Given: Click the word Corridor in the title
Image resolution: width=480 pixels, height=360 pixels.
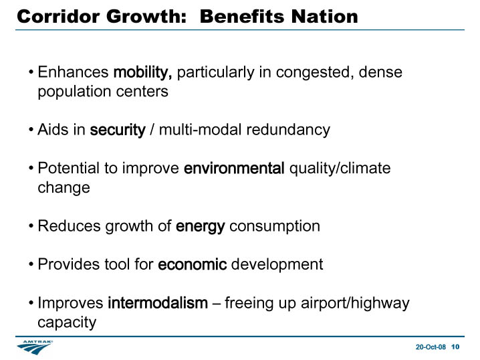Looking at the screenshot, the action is pyautogui.click(x=58, y=16).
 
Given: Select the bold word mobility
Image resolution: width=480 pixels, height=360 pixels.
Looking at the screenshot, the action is pyautogui.click(x=142, y=73).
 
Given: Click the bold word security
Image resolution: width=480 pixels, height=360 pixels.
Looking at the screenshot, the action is pyautogui.click(x=118, y=130).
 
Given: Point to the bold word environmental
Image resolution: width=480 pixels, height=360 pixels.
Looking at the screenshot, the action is pyautogui.click(x=234, y=168).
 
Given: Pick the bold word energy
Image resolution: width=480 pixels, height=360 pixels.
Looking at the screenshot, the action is pyautogui.click(x=201, y=227).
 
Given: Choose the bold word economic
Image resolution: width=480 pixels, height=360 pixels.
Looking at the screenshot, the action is pyautogui.click(x=193, y=264).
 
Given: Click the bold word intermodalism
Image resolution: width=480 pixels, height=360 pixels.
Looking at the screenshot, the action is pyautogui.click(x=158, y=303).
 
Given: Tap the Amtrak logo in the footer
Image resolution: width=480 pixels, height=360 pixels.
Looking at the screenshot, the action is pyautogui.click(x=35, y=347).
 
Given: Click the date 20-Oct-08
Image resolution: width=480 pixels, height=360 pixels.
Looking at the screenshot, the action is pyautogui.click(x=431, y=347).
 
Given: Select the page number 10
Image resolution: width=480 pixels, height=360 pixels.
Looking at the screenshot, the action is pyautogui.click(x=455, y=347).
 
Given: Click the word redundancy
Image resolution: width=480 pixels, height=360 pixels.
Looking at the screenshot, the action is pyautogui.click(x=288, y=130).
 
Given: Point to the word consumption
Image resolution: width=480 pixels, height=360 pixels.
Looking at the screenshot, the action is pyautogui.click(x=275, y=227).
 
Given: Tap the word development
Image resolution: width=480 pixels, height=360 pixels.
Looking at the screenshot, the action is pyautogui.click(x=277, y=265).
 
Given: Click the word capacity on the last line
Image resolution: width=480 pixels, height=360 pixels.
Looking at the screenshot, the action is pyautogui.click(x=67, y=323).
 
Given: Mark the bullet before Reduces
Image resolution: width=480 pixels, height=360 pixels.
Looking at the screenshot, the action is pyautogui.click(x=31, y=226).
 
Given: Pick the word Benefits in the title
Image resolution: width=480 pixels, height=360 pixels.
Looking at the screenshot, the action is pyautogui.click(x=243, y=16).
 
